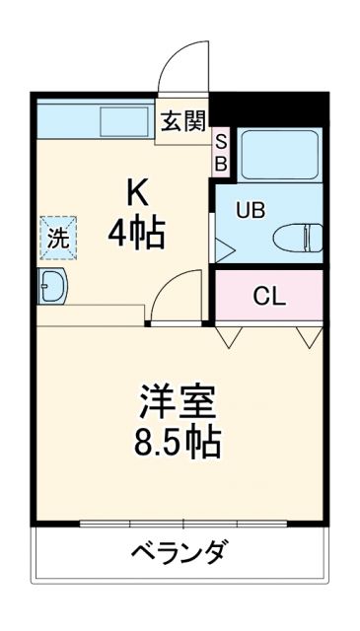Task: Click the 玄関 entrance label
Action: (x=184, y=121)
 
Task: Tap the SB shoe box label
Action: (x=221, y=152)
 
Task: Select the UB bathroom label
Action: (x=249, y=210)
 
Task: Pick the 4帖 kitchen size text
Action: (x=136, y=234)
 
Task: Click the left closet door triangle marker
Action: (x=231, y=338)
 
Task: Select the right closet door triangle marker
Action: (x=309, y=338)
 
